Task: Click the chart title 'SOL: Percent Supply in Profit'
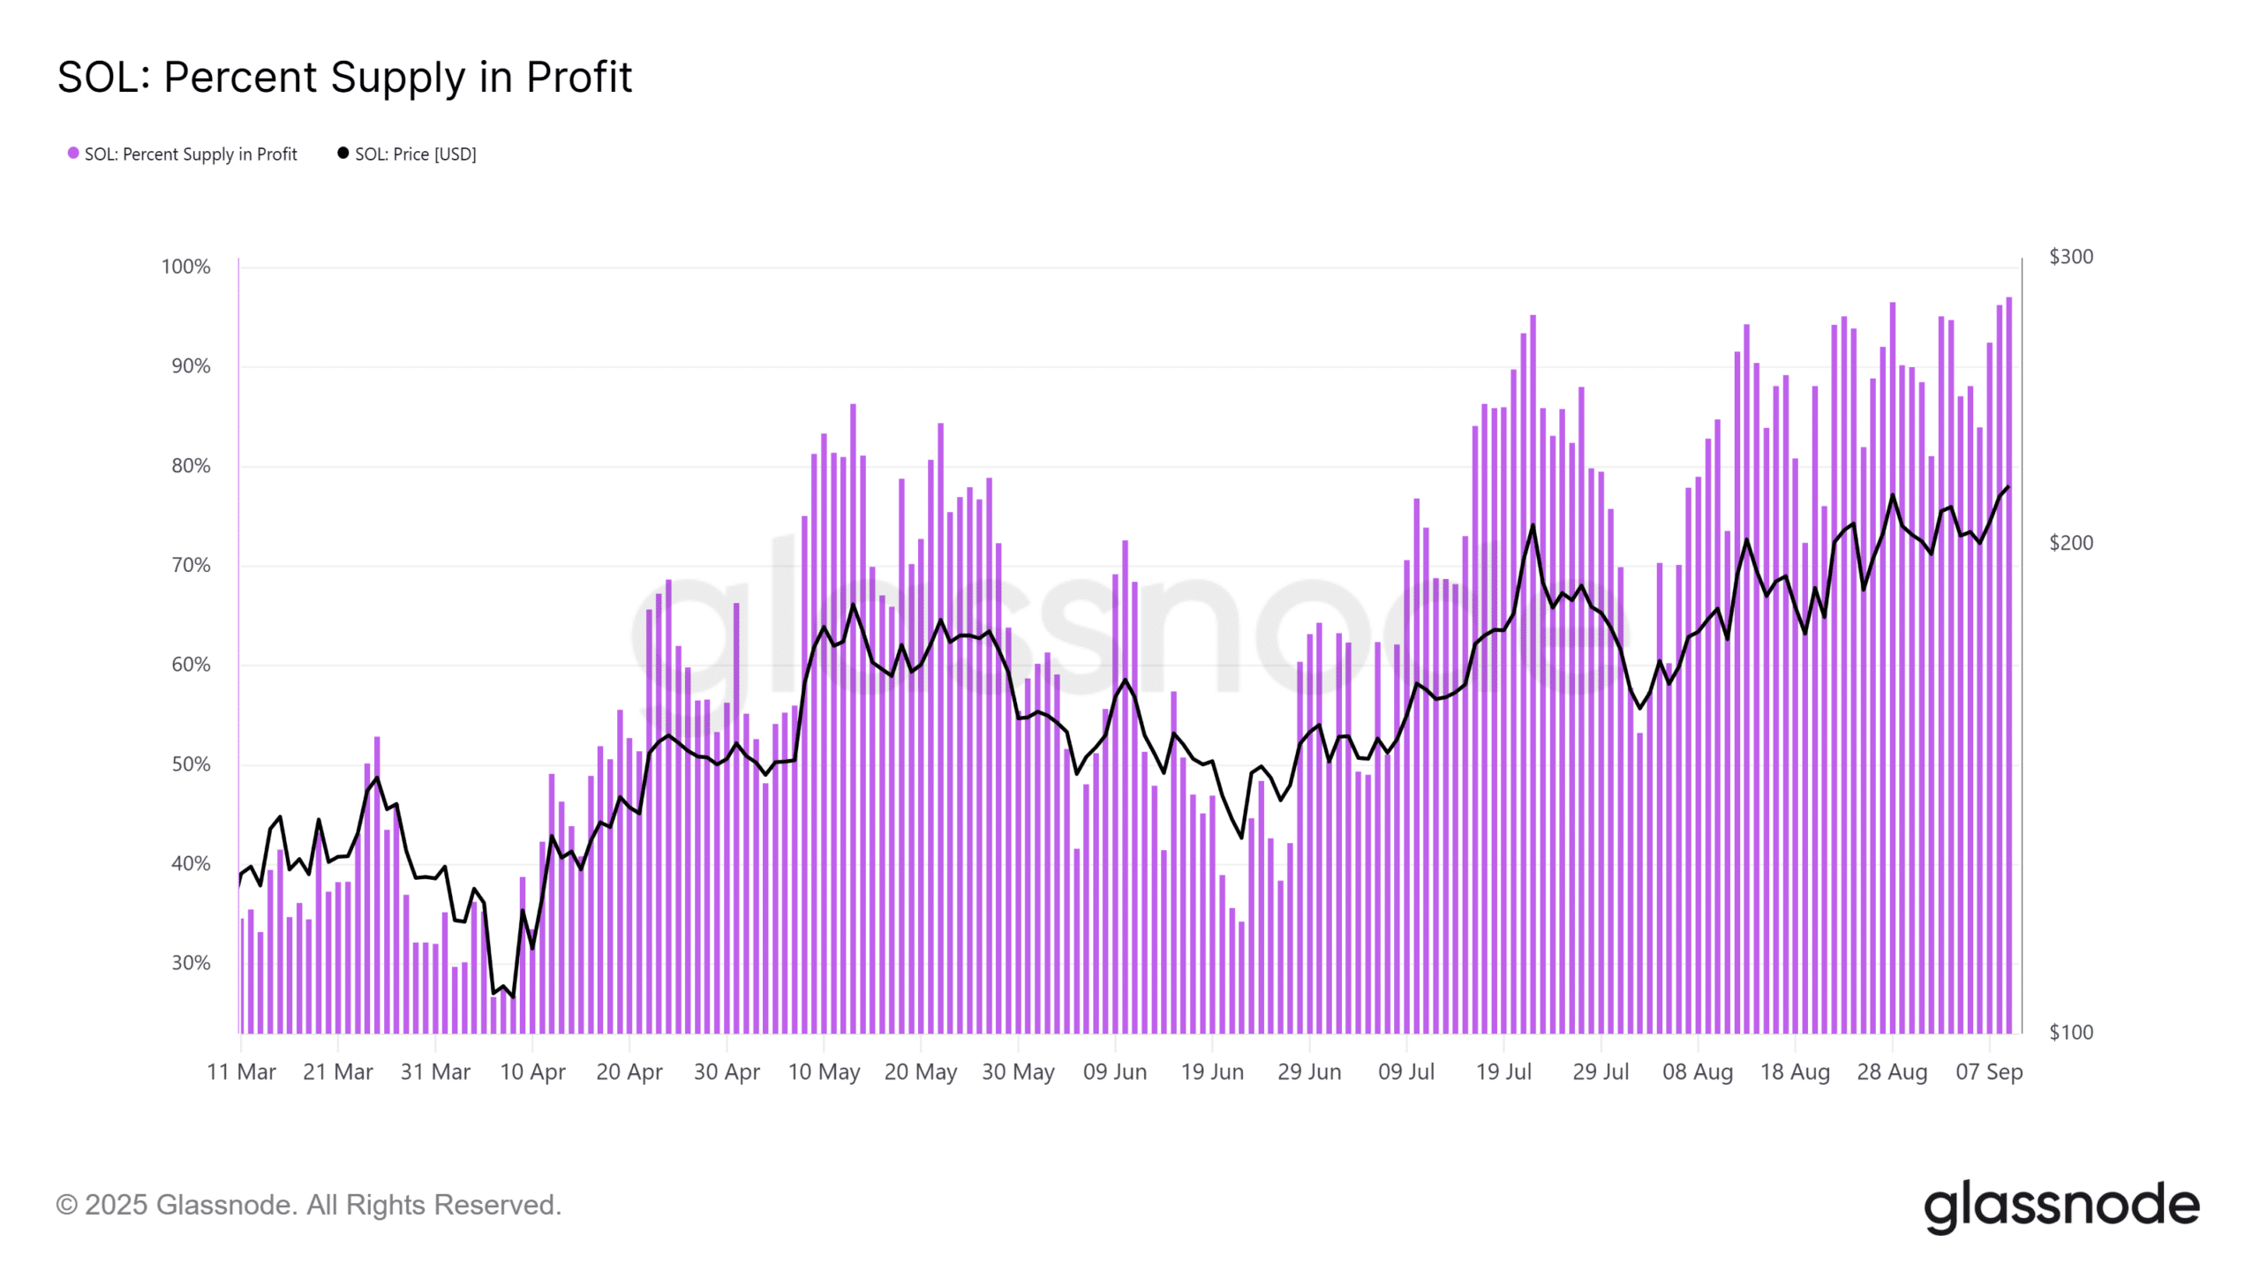tap(344, 78)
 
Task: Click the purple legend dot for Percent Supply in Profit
tap(73, 154)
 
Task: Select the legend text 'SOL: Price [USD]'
tap(415, 154)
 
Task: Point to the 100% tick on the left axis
tap(185, 267)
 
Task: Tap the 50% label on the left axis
tap(191, 764)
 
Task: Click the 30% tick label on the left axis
tap(191, 963)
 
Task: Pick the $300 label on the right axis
tap(2070, 257)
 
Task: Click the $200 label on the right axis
tap(2070, 543)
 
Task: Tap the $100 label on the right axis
tap(2070, 1033)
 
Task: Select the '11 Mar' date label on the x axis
tap(241, 1072)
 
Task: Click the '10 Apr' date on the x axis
tap(532, 1072)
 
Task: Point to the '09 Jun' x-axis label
tap(1115, 1072)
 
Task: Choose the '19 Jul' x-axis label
tap(1503, 1072)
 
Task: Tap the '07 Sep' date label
tap(1989, 1072)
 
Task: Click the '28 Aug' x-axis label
tap(1892, 1072)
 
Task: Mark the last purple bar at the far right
tap(2009, 671)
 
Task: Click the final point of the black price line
tap(2008, 487)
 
